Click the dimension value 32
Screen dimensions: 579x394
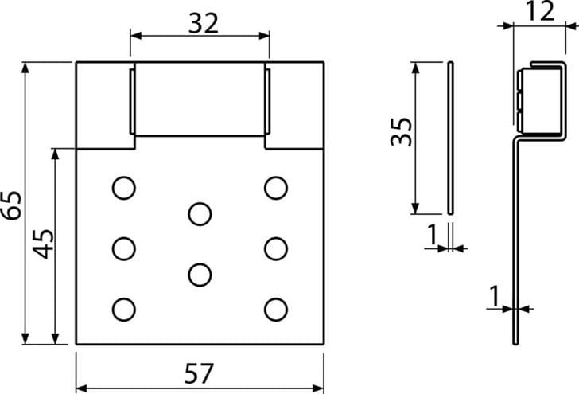pyautogui.click(x=203, y=23)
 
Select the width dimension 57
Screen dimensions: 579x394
pyautogui.click(x=199, y=373)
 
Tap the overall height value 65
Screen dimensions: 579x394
pyautogui.click(x=11, y=205)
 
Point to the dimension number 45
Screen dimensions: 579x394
pyautogui.click(x=43, y=244)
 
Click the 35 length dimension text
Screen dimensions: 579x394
pyautogui.click(x=402, y=132)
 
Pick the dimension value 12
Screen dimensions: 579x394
pyautogui.click(x=539, y=11)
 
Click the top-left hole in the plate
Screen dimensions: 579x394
pyautogui.click(x=124, y=188)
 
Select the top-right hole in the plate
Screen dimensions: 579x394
pyautogui.click(x=276, y=188)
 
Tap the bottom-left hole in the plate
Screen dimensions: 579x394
pyautogui.click(x=124, y=310)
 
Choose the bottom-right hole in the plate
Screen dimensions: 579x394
pyautogui.click(x=276, y=310)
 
